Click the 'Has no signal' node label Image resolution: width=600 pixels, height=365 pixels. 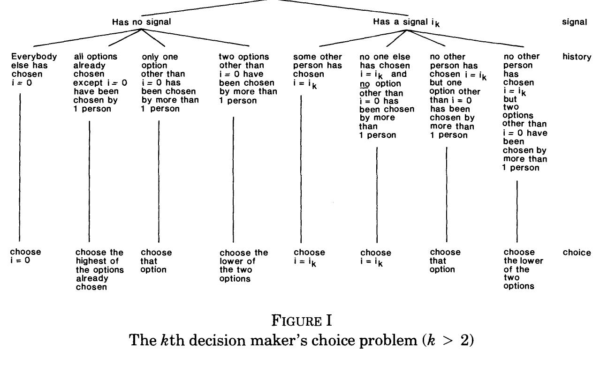coord(141,22)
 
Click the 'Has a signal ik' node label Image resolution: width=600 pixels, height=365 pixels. coord(406,22)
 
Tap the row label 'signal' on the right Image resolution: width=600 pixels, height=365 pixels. coord(574,22)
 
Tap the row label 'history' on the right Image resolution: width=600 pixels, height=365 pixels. coord(577,57)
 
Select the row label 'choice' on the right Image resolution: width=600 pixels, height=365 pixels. coord(577,253)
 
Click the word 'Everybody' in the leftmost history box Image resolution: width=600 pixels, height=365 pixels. coord(34,57)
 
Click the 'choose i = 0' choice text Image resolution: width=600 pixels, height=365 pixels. coord(25,256)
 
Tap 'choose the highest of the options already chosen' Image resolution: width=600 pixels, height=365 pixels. coord(99,269)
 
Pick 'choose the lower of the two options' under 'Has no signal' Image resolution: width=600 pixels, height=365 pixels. coord(243,265)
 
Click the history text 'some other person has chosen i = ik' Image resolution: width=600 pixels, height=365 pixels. coord(318,69)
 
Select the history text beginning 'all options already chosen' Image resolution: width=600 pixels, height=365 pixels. coord(100,82)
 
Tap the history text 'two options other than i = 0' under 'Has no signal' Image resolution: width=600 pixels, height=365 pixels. coord(247,78)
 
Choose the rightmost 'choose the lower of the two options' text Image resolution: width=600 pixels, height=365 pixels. coord(523,269)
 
